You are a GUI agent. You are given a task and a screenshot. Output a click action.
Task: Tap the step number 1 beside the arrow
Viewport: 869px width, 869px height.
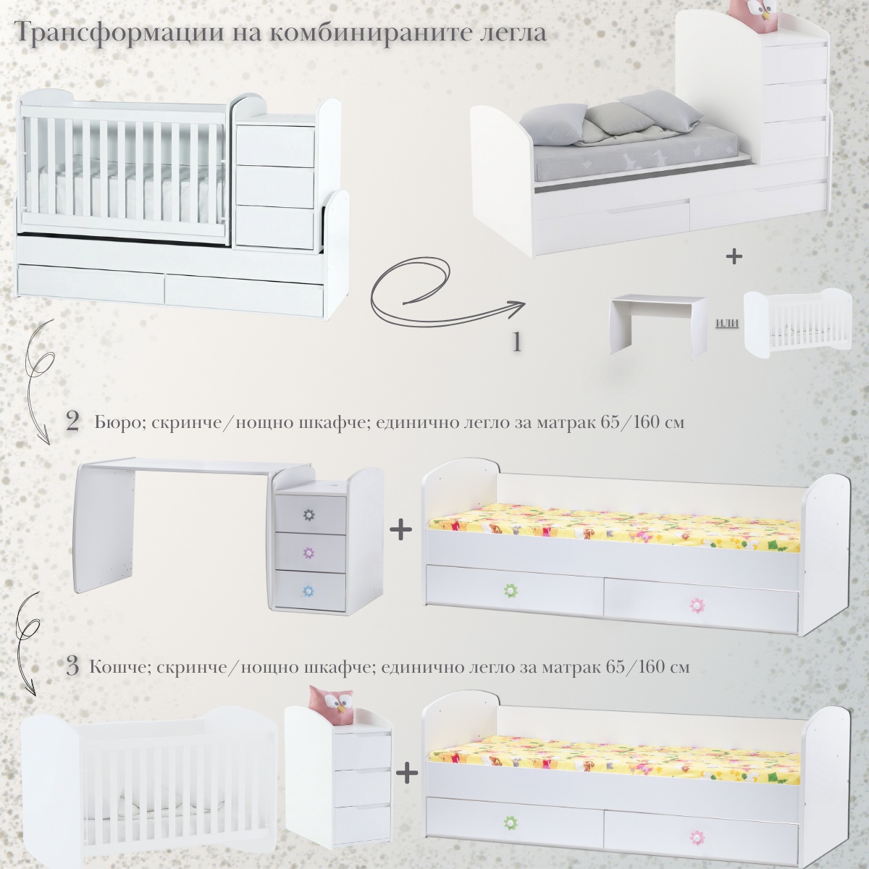pos(517,342)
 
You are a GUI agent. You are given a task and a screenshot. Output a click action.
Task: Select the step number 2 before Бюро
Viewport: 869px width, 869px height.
pos(72,421)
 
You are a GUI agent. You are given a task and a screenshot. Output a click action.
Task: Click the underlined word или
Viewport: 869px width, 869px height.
pos(727,323)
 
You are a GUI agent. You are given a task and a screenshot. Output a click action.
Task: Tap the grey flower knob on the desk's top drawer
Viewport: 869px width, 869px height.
pos(309,513)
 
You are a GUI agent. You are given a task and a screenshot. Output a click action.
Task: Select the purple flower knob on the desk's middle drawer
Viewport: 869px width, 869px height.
pos(309,553)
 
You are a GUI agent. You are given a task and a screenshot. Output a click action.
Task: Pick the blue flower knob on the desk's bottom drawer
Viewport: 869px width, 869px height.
pos(309,591)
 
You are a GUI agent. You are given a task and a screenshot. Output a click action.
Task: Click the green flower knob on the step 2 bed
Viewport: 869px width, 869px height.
pos(510,589)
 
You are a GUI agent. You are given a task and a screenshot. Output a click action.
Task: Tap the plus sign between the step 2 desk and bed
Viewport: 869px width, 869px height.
pos(400,531)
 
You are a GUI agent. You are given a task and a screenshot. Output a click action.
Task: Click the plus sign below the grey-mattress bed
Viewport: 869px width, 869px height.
pos(734,256)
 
